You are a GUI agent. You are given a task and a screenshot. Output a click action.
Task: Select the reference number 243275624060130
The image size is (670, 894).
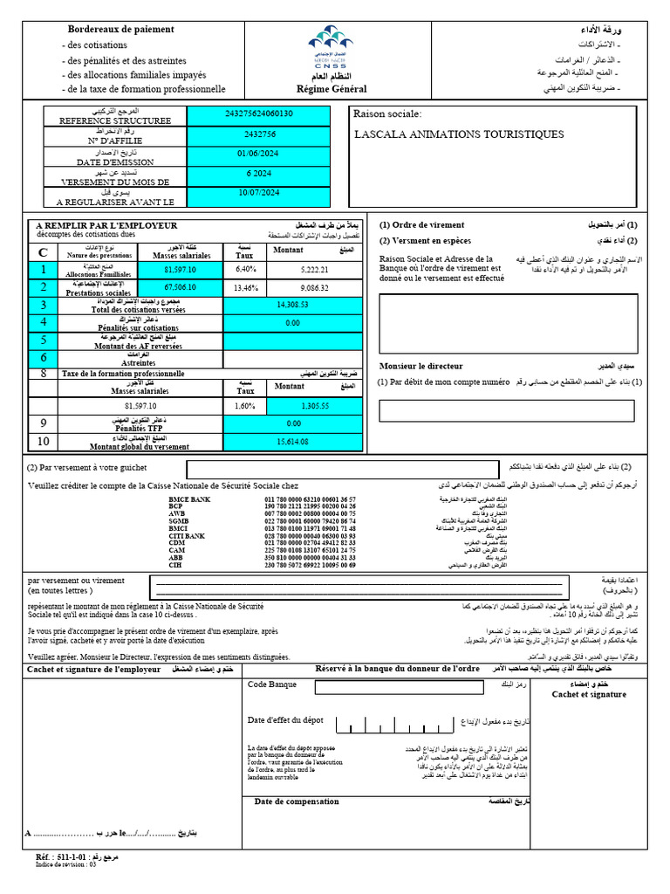(259, 113)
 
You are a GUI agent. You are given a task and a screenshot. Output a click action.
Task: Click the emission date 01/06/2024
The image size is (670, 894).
(259, 155)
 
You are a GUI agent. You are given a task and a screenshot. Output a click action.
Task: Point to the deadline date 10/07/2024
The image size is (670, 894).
(259, 192)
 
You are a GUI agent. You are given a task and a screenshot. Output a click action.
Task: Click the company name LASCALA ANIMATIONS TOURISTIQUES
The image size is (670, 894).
(459, 134)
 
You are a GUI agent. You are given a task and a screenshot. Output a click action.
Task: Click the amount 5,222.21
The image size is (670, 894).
(314, 270)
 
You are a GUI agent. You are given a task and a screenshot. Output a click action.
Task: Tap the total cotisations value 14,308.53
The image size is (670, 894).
(292, 305)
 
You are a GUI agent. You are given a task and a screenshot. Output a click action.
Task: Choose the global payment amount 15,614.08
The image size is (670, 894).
(292, 442)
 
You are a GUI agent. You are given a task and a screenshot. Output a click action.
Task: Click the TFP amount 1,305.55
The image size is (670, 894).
(314, 406)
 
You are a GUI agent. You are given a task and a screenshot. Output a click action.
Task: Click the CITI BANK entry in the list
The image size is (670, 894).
(187, 535)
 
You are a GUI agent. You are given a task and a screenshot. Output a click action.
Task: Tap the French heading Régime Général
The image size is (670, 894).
(332, 89)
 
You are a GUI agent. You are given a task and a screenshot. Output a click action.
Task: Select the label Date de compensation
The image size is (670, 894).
(297, 801)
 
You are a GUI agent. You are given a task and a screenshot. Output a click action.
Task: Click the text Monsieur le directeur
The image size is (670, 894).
(421, 366)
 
